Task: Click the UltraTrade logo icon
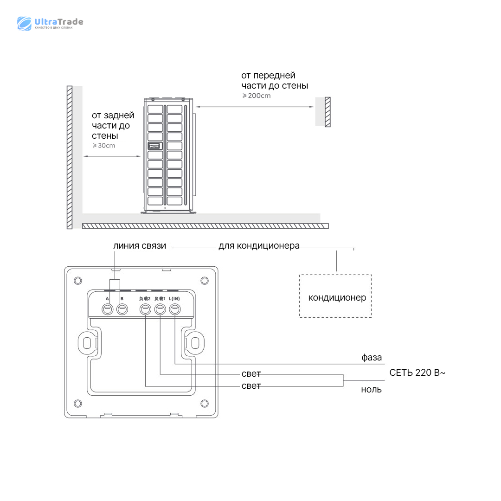click(25, 23)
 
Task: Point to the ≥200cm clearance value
click(256, 96)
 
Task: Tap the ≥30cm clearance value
click(103, 146)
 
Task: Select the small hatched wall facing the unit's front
click(328, 112)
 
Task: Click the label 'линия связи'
click(140, 246)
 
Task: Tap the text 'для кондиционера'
click(259, 246)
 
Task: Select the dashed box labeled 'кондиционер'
click(335, 296)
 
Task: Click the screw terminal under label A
click(108, 309)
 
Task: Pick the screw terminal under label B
click(122, 309)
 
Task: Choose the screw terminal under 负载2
click(146, 309)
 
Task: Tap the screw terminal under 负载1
click(160, 309)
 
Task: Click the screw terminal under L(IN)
click(174, 309)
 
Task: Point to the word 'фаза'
click(372, 358)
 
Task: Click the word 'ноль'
click(371, 390)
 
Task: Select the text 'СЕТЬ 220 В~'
click(417, 373)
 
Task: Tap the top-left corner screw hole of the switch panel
click(78, 281)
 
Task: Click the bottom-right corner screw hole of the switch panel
click(204, 402)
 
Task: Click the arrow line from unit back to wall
click(112, 156)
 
